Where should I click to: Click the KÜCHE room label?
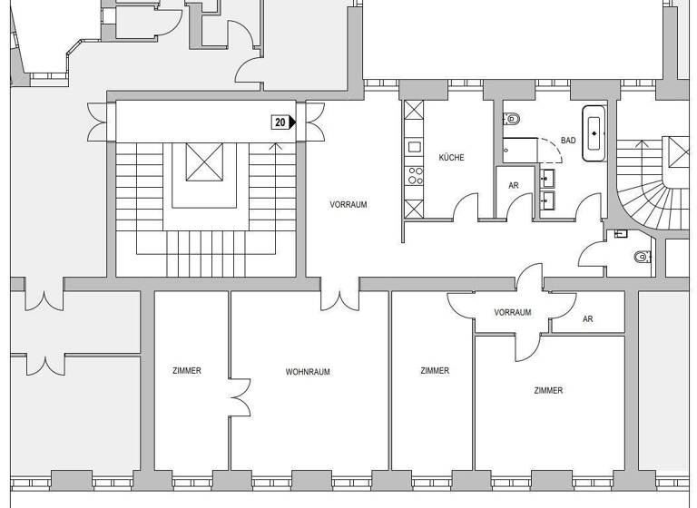tap(451, 158)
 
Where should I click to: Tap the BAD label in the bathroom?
tap(568, 141)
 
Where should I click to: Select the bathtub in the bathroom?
tap(594, 133)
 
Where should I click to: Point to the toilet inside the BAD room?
tap(512, 119)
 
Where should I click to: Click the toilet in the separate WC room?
tap(643, 257)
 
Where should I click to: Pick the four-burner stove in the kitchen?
tap(415, 175)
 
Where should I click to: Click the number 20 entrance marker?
tap(282, 122)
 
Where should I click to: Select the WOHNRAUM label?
tap(308, 372)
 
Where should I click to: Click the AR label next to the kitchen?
tap(514, 185)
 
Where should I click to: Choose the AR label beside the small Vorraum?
tap(588, 319)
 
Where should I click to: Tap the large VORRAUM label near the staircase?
tap(348, 205)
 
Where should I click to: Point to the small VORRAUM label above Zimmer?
tap(513, 312)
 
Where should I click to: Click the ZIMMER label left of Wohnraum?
tap(187, 371)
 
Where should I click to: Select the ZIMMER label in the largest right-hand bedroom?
tap(548, 391)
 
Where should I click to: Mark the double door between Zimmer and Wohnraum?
tap(239, 397)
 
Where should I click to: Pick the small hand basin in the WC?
tap(621, 234)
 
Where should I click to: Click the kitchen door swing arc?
tap(466, 207)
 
